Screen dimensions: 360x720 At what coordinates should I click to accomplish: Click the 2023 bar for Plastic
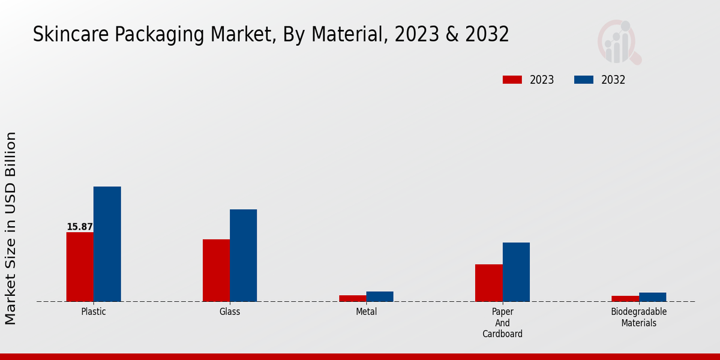tap(80, 266)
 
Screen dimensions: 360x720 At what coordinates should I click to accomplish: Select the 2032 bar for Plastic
tap(107, 244)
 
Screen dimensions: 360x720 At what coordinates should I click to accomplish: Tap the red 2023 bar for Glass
tap(216, 270)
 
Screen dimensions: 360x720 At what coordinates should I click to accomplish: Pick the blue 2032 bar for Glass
tap(243, 255)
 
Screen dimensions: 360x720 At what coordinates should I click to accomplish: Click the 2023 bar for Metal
tap(352, 298)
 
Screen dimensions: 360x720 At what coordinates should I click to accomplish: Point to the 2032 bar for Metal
tap(380, 296)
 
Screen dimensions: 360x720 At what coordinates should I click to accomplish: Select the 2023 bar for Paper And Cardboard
tap(488, 283)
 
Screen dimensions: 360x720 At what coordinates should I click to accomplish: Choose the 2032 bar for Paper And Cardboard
tap(516, 272)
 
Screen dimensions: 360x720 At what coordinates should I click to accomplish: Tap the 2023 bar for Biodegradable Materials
tap(625, 298)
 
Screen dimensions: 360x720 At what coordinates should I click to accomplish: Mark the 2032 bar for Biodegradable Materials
tap(652, 297)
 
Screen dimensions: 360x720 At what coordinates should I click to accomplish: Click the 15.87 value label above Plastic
tap(80, 227)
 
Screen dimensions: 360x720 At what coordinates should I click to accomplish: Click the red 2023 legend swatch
tap(512, 80)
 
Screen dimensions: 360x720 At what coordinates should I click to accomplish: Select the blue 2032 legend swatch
tap(583, 80)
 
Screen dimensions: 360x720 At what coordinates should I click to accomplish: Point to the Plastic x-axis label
tap(94, 312)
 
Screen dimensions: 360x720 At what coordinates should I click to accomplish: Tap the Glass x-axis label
tap(230, 312)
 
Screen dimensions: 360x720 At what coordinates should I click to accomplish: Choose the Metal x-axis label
tap(366, 312)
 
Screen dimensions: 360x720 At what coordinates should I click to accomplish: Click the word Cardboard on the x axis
tap(502, 334)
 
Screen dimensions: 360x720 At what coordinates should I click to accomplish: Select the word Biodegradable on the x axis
tap(638, 312)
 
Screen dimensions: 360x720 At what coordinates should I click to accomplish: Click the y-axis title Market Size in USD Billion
tap(11, 228)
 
